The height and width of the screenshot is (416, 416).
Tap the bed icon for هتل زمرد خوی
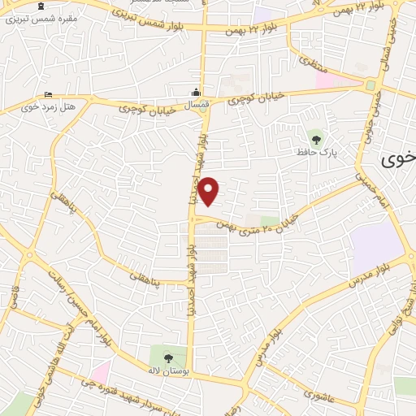pos(49,95)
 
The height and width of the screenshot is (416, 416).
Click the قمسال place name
pos(197,106)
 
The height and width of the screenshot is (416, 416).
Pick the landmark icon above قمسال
pos(197,93)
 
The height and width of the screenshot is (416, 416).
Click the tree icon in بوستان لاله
pos(168,357)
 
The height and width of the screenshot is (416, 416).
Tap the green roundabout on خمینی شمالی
pos(370,84)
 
